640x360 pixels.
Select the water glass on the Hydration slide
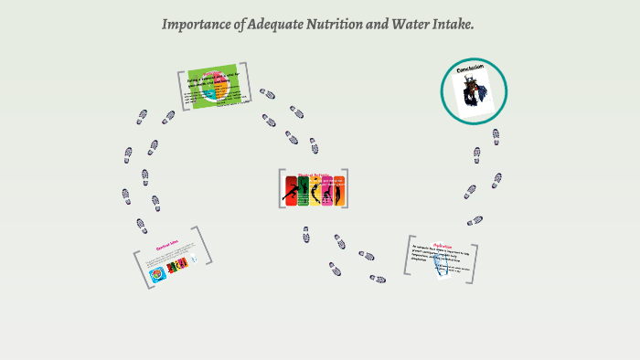(443, 267)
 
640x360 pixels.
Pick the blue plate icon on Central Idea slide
(157, 273)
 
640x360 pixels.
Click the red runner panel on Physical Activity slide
(291, 192)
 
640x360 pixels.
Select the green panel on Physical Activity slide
(304, 192)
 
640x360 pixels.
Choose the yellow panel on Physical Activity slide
(315, 193)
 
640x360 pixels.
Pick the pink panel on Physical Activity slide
(327, 193)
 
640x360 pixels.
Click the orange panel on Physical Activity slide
(339, 193)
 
